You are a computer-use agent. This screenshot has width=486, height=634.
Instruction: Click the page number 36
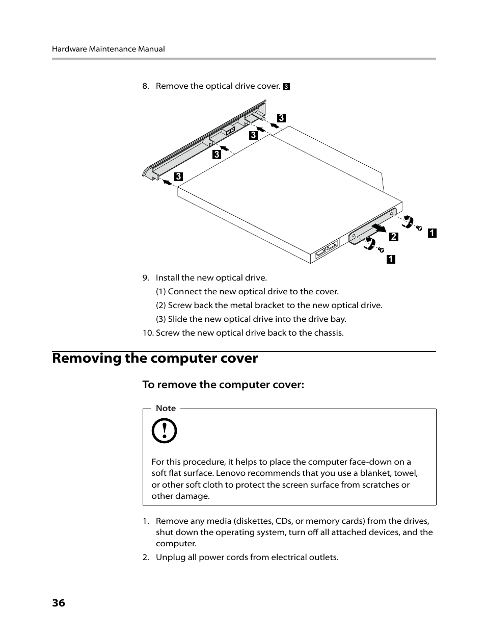[59, 603]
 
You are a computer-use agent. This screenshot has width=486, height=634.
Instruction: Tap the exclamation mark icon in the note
[164, 432]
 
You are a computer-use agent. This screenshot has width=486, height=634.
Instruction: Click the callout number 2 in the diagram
[393, 237]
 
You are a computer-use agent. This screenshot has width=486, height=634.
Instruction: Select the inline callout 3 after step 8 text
[286, 87]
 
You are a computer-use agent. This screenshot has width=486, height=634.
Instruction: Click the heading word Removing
[86, 359]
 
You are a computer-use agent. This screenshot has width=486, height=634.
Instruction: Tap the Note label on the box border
[166, 409]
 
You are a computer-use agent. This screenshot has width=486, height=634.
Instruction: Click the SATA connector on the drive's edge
[327, 250]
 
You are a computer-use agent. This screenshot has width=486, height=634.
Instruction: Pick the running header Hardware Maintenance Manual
[108, 49]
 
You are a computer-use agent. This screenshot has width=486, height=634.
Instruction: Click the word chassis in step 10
[328, 333]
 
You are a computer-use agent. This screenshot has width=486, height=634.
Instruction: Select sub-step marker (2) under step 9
[161, 306]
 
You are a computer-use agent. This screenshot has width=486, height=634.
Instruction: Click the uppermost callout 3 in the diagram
[281, 118]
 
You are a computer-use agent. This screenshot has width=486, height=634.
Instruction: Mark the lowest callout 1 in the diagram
[391, 259]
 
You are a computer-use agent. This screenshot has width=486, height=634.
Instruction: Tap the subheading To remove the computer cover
[223, 385]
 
